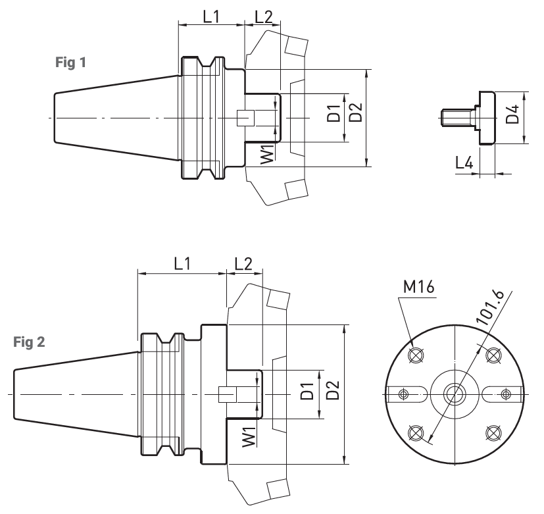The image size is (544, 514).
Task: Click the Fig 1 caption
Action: click(x=70, y=63)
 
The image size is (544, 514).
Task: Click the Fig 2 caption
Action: click(x=29, y=342)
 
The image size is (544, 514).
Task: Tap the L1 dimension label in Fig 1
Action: click(x=211, y=16)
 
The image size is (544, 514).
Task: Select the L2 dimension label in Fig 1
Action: click(x=264, y=16)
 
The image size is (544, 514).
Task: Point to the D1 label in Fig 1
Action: click(x=334, y=113)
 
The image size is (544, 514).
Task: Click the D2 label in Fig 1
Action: click(x=356, y=113)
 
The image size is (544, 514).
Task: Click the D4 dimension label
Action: click(x=512, y=114)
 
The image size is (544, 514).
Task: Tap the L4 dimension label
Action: click(x=464, y=163)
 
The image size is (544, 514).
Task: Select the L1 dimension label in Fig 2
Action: click(x=182, y=264)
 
